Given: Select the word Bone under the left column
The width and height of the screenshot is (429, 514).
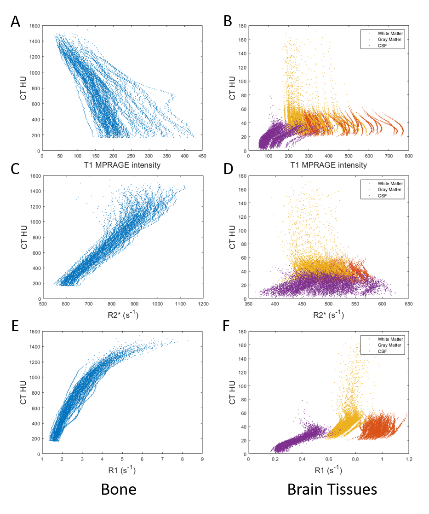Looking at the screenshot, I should point(119,489).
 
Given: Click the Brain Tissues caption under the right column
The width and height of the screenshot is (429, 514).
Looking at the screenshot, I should point(332,489).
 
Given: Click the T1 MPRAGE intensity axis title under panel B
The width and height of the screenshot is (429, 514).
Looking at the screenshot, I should point(328,165).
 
